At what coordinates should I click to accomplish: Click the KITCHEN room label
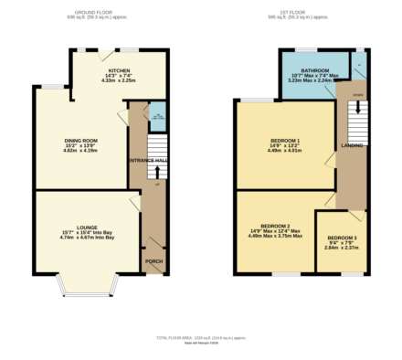point(119,70)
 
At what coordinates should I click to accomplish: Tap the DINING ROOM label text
point(80,140)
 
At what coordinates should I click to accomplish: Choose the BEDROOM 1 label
point(285,140)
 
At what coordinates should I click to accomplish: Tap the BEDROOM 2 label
point(275,225)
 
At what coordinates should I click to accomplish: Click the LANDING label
point(352,145)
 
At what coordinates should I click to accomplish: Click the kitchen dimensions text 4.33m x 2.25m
point(119,80)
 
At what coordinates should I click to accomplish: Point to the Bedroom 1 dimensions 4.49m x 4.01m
point(285,151)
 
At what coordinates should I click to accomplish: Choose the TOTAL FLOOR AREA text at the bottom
point(200,337)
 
